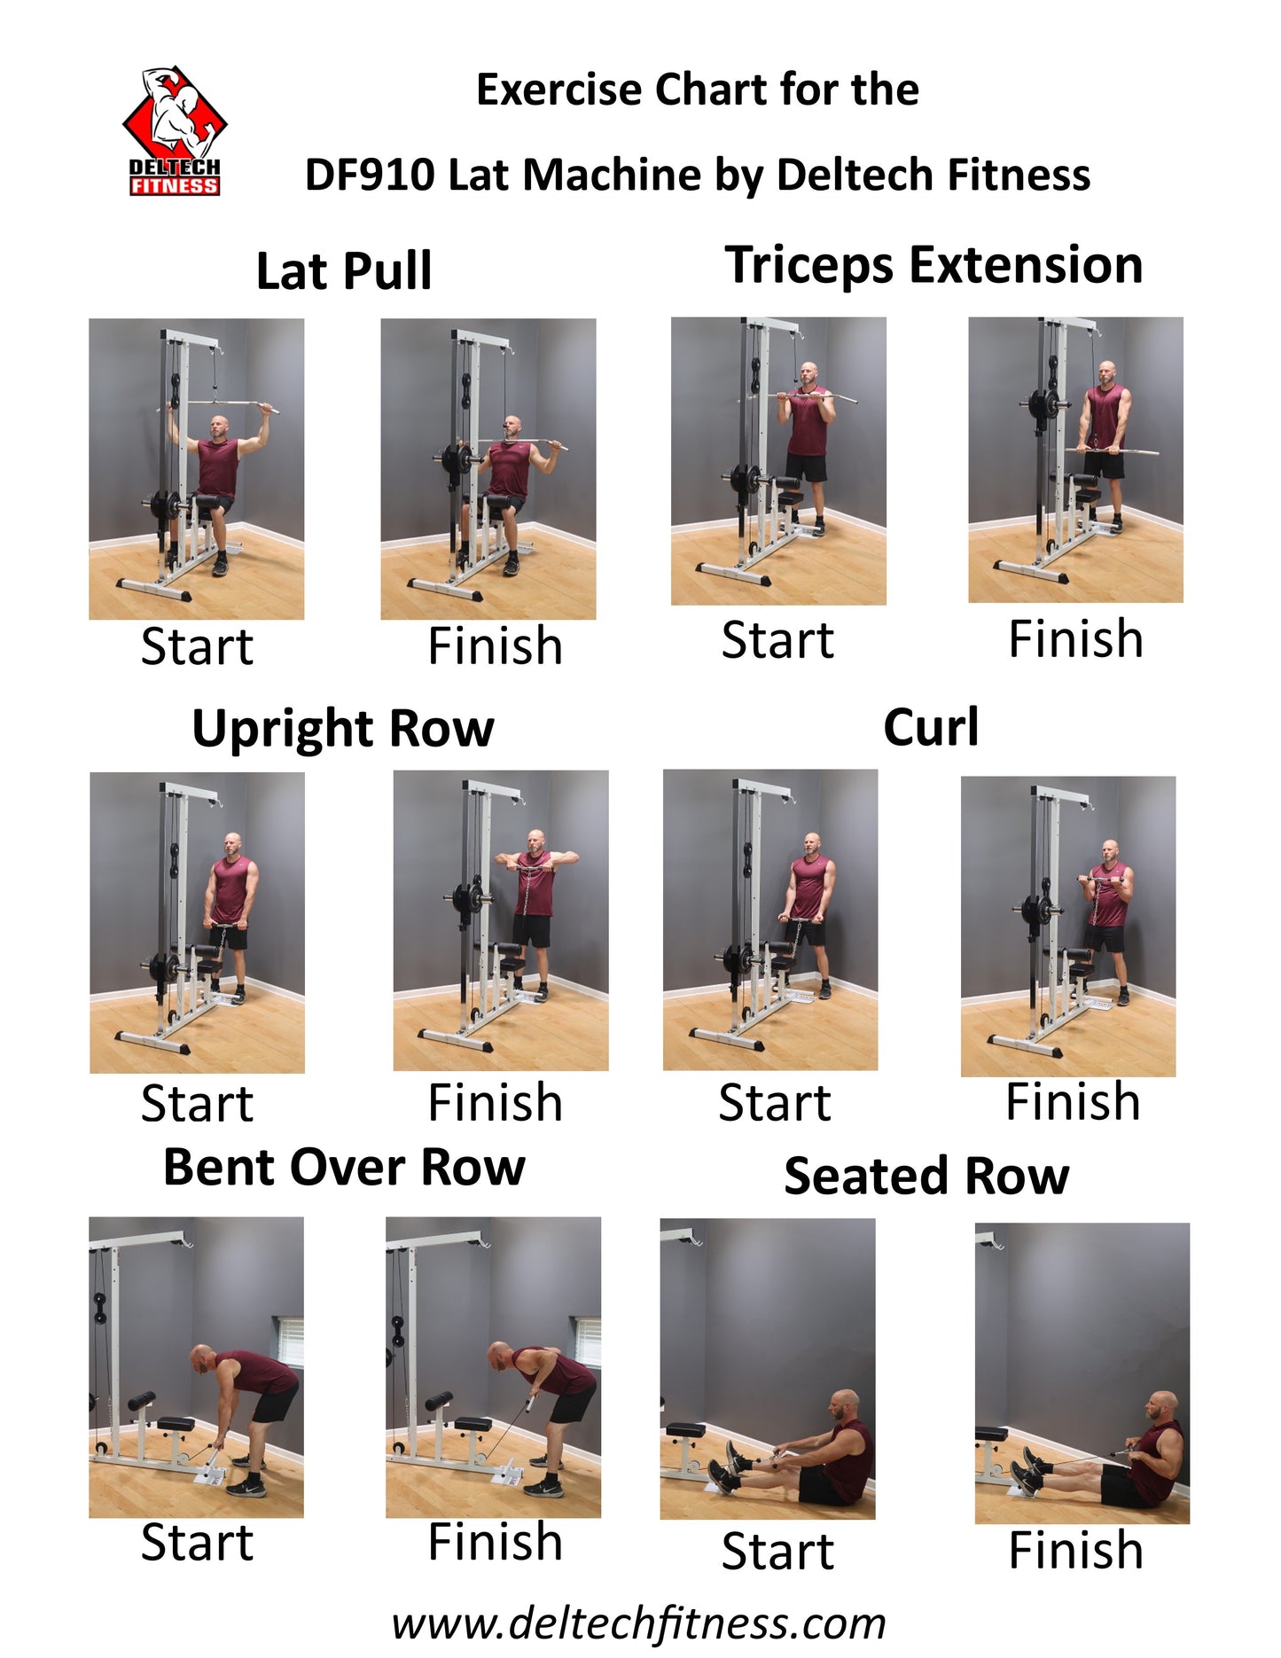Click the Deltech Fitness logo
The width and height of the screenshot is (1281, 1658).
click(x=175, y=130)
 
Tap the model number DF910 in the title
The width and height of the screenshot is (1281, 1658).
click(x=370, y=175)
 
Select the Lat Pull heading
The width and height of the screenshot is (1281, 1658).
click(x=344, y=271)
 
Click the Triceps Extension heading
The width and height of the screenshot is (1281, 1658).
click(x=933, y=266)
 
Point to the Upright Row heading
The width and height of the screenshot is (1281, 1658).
click(x=343, y=730)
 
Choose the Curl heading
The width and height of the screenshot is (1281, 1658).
click(x=931, y=728)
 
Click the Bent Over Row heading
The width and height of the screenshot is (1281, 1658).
click(x=344, y=1167)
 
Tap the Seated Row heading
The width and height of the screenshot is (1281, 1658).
click(x=926, y=1177)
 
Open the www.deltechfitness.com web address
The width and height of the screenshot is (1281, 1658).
click(x=639, y=1624)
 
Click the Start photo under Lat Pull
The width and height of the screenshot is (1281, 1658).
click(x=196, y=469)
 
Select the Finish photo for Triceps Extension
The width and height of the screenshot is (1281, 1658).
click(x=1075, y=460)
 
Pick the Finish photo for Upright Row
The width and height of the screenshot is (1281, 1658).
click(x=501, y=920)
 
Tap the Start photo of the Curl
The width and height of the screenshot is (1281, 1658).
click(x=770, y=919)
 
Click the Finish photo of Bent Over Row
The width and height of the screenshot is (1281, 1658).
click(x=493, y=1367)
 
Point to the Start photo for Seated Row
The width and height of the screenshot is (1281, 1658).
click(x=768, y=1369)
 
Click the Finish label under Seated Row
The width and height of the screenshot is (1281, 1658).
click(x=1075, y=1551)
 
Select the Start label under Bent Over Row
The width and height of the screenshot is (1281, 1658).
click(x=197, y=1543)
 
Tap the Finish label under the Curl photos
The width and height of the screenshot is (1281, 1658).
click(x=1073, y=1102)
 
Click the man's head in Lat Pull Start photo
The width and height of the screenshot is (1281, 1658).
click(x=219, y=427)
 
